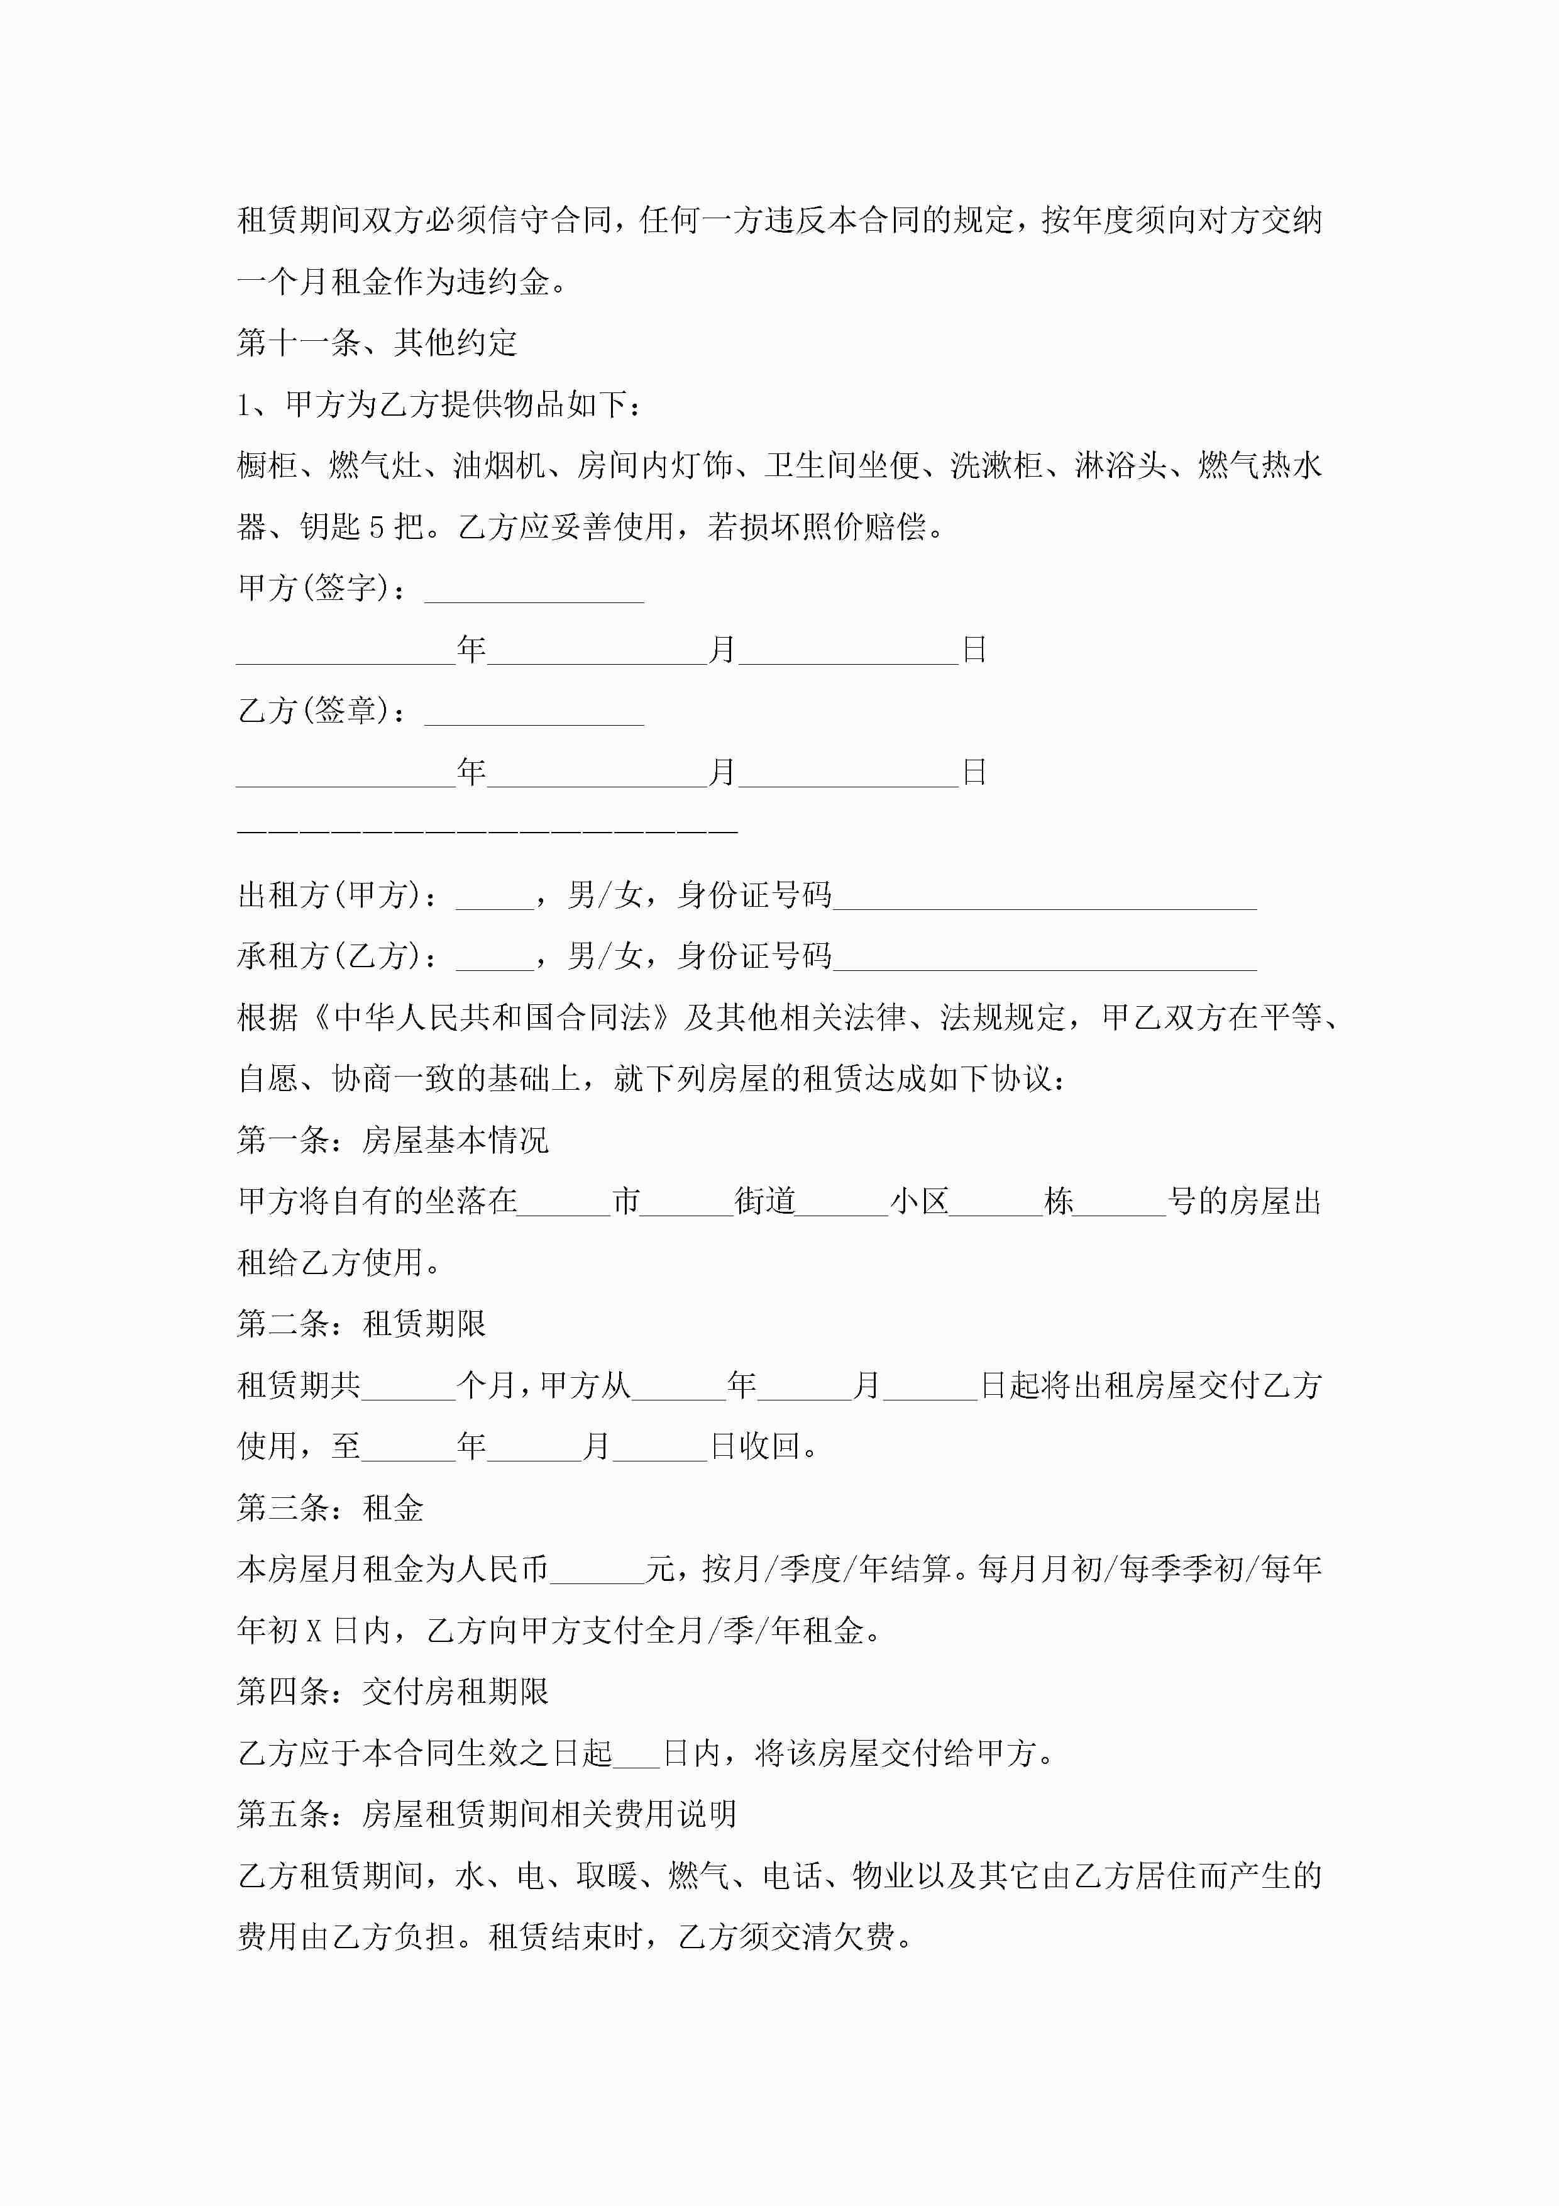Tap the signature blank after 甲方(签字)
534,590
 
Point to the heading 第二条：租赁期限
361,1323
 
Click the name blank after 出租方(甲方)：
495,897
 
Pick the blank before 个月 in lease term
408,1387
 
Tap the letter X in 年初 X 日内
314,1631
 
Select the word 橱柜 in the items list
267,466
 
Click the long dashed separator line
487,828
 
